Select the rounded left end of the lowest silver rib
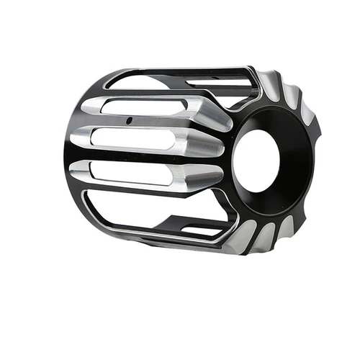click(x=87, y=171)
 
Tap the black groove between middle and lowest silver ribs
click(x=144, y=158)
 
